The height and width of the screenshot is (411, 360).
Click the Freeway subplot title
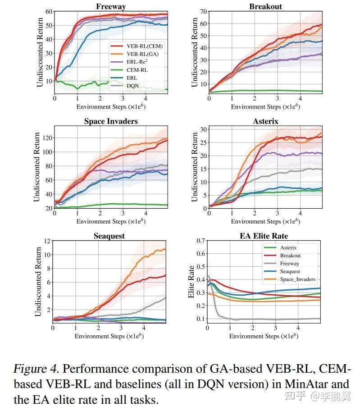(111, 6)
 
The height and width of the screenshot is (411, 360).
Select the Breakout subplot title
(266, 6)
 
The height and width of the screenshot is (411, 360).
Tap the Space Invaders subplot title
(111, 121)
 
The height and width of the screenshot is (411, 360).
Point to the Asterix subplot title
(266, 121)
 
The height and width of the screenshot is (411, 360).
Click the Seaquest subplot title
(109, 236)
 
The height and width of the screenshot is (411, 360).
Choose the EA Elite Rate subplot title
(264, 236)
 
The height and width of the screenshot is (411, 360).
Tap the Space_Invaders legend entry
(297, 279)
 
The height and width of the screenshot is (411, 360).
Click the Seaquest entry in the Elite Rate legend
(290, 271)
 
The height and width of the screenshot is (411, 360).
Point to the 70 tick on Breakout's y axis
(203, 11)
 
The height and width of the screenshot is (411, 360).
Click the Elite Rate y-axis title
(191, 279)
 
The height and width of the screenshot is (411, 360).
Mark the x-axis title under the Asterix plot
(265, 221)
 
